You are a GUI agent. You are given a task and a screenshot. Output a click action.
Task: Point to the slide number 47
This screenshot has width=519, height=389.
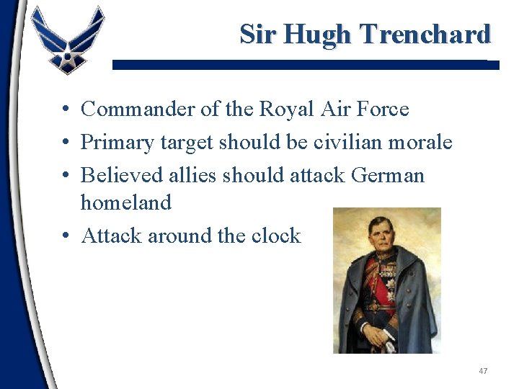[x=483, y=371]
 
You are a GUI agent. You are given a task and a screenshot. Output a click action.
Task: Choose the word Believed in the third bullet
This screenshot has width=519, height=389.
[x=117, y=175]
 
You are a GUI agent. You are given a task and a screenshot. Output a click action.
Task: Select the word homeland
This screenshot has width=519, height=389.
[x=126, y=202]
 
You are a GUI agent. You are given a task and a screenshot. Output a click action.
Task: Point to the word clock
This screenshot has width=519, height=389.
[x=277, y=236]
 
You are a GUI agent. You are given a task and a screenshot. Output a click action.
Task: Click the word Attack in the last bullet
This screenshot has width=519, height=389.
[x=112, y=236]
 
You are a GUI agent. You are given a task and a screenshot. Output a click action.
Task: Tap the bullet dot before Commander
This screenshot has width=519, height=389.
[x=65, y=109]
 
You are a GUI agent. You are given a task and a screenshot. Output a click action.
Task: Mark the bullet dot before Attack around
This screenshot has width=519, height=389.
[x=65, y=236]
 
